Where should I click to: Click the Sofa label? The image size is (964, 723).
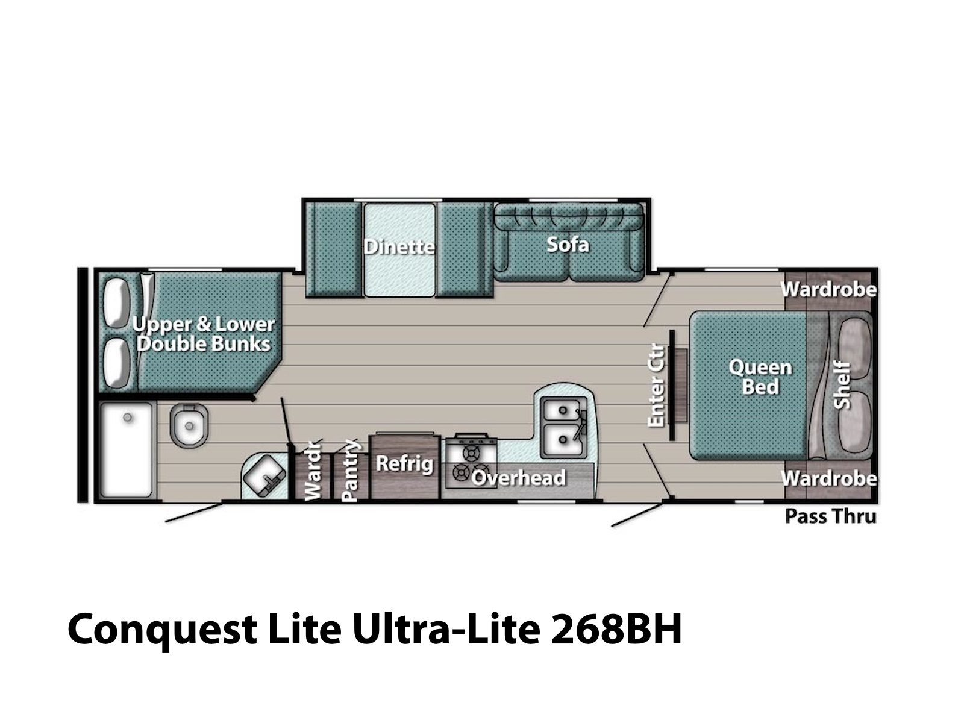click(567, 245)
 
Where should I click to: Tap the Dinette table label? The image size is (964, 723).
click(399, 246)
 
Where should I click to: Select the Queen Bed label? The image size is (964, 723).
click(760, 377)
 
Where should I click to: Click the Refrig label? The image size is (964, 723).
click(404, 464)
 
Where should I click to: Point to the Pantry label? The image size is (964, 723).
click(351, 470)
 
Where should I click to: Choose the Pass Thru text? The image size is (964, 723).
click(830, 516)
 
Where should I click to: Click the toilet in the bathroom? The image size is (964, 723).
click(189, 425)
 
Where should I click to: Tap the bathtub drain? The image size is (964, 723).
click(127, 417)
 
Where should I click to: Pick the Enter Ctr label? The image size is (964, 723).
click(657, 385)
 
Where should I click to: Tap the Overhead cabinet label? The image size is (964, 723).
click(518, 478)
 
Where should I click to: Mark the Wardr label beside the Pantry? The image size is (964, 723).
click(314, 471)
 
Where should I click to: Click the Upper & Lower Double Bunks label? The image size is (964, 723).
click(204, 334)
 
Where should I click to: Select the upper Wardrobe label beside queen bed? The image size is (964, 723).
click(828, 289)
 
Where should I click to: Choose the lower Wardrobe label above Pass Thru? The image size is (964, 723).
click(828, 478)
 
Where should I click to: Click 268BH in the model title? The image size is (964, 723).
click(615, 628)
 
